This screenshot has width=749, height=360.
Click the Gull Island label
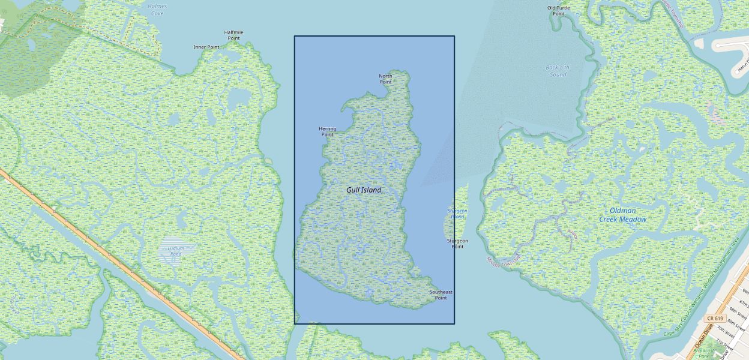(364, 190)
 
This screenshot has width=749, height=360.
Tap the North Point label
(385, 79)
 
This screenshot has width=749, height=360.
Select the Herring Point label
(327, 131)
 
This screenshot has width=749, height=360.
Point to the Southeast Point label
(441, 295)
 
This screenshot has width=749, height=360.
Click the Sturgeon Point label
(457, 243)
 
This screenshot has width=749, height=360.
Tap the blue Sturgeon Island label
(457, 214)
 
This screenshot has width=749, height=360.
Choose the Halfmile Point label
(233, 35)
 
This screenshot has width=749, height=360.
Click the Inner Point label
(206, 47)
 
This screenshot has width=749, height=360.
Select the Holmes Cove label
(157, 10)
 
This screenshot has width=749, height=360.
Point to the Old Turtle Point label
(559, 10)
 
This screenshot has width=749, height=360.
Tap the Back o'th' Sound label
(558, 71)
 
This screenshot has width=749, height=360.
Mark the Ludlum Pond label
(175, 251)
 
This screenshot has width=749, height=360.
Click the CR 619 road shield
(715, 318)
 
